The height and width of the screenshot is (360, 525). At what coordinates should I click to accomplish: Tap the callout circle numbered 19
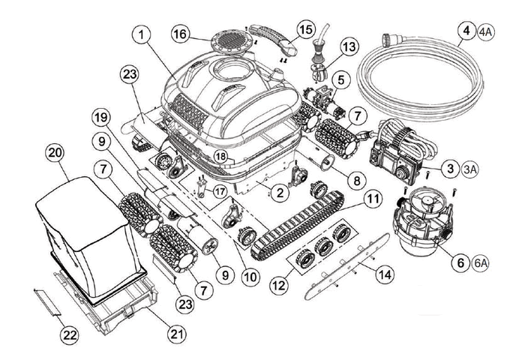click(x=101, y=117)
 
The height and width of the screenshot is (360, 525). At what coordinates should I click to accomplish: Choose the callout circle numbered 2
click(x=279, y=193)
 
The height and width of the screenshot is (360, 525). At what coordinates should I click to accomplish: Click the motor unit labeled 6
click(x=420, y=217)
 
